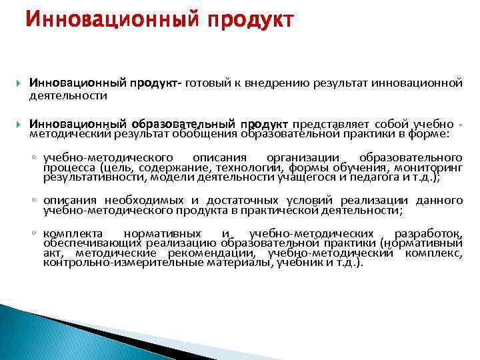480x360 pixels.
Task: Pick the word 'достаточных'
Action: (234, 201)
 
